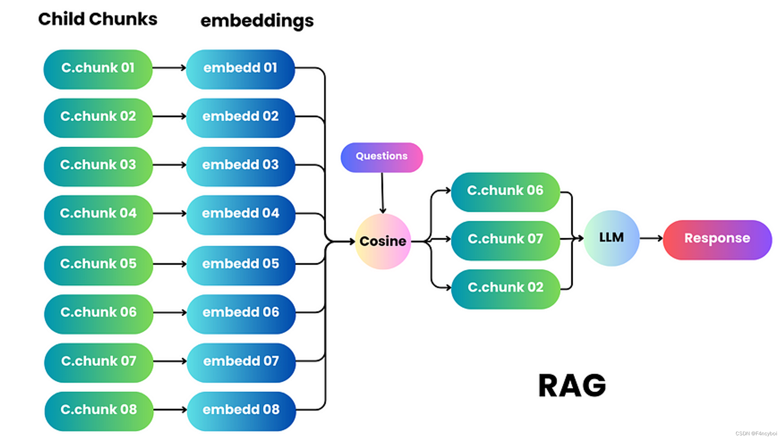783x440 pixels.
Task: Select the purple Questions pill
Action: tap(382, 157)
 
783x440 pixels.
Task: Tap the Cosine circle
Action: tap(382, 241)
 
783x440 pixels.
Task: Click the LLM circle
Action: tap(611, 238)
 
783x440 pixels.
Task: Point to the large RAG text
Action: tap(572, 386)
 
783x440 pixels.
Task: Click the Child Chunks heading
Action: tap(97, 19)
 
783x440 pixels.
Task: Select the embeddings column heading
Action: tap(257, 21)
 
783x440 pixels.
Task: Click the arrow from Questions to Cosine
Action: tap(382, 193)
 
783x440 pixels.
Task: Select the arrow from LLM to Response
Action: tap(651, 238)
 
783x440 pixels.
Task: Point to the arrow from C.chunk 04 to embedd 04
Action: tap(170, 214)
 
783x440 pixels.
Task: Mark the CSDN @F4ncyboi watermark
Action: tap(756, 433)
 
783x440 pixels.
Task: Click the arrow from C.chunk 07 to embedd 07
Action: tap(170, 361)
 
